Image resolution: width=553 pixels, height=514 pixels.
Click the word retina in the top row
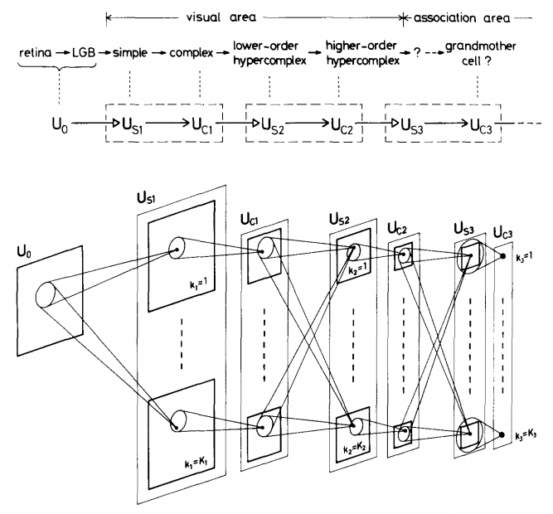[34, 55]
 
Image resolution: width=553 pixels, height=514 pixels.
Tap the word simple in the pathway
[131, 55]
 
